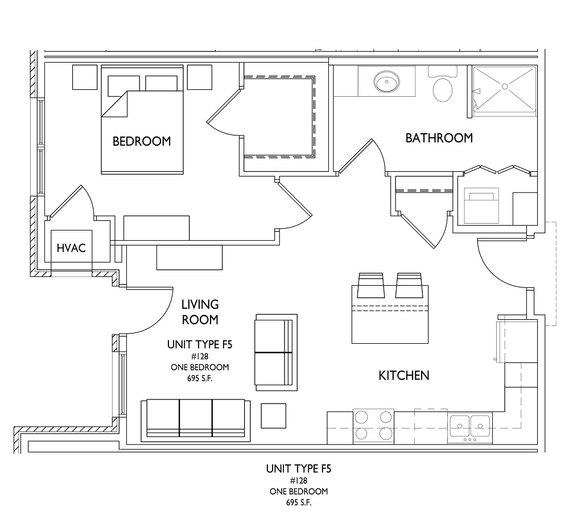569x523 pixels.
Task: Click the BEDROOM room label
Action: point(142,141)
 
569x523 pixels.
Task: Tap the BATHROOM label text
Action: point(439,138)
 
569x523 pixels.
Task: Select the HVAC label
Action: point(72,248)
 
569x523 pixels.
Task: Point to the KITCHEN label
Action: point(404,375)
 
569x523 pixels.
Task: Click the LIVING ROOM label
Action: point(200,312)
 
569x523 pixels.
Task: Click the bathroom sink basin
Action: point(387,81)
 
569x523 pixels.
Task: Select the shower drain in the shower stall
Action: point(505,87)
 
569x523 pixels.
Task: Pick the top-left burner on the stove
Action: point(361,417)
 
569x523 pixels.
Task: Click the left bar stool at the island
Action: point(370,285)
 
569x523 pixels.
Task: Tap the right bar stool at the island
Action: point(409,285)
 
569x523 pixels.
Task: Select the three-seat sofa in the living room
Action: point(196,421)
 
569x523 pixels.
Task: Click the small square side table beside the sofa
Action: point(274,415)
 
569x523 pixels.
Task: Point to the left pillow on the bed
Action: point(123,86)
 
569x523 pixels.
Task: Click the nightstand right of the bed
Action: point(200,77)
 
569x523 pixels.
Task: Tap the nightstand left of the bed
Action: point(85,77)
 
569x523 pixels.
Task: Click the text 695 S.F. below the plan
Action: point(299,503)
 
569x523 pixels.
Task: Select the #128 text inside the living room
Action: point(200,356)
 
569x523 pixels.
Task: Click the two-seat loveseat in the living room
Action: point(277,352)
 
